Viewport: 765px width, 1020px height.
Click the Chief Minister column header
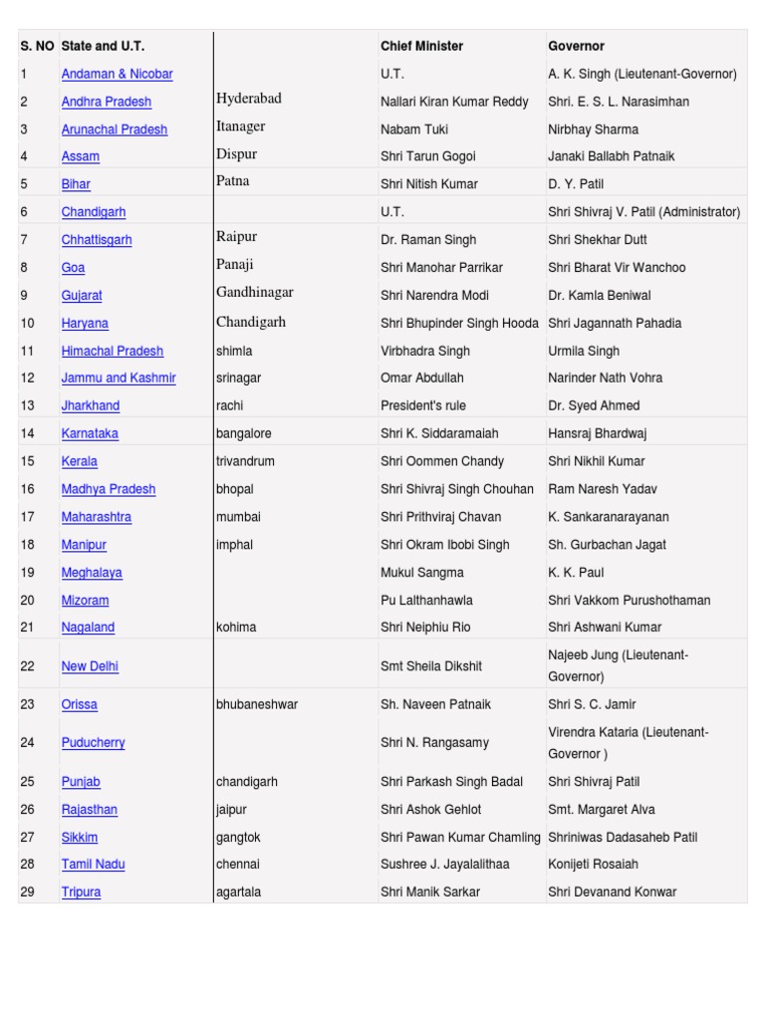[x=421, y=46]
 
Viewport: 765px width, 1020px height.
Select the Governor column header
[x=576, y=46]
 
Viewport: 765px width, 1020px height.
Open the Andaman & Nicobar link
[x=117, y=74]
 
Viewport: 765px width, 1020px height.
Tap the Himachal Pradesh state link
[x=113, y=351]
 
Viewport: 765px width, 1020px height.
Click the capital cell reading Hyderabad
[x=248, y=99]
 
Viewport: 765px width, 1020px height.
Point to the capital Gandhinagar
[x=254, y=293]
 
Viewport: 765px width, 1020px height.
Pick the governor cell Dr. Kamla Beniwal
[x=596, y=296]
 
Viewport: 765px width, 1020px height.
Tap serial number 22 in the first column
[x=27, y=665]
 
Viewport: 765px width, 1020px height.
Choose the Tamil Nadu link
[x=93, y=864]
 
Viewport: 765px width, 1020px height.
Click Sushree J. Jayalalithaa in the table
[x=444, y=864]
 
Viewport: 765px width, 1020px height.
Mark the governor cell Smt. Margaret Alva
[x=601, y=810]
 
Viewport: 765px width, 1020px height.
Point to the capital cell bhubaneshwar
[x=256, y=704]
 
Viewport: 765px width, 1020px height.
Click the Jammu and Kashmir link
[x=119, y=378]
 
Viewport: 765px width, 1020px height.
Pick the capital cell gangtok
[x=238, y=838]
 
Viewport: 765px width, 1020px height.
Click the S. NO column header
[x=37, y=46]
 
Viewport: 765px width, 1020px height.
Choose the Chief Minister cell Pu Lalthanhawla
[x=426, y=601]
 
